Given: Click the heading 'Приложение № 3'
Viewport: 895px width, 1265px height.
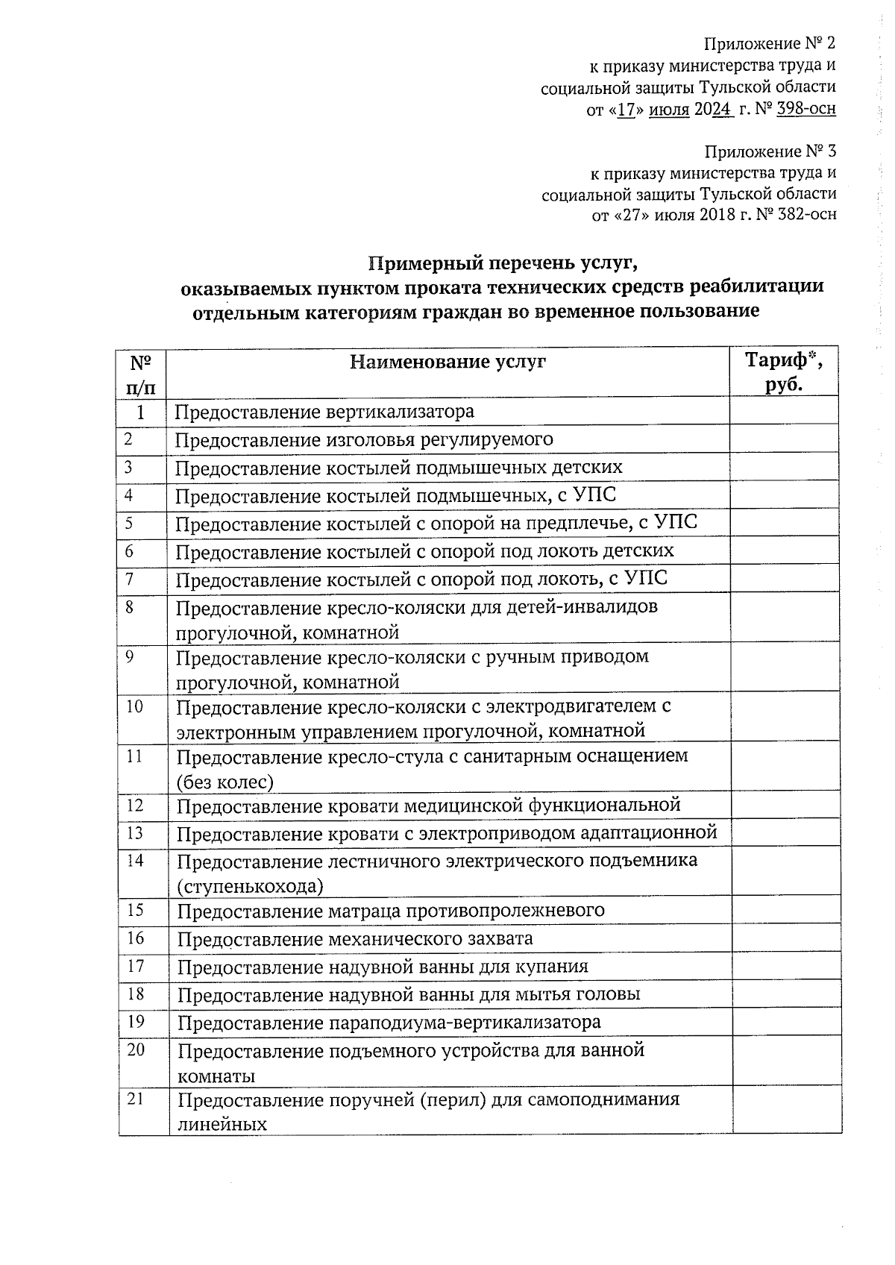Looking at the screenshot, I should [x=770, y=152].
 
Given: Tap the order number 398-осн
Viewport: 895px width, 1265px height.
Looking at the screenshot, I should [x=805, y=110].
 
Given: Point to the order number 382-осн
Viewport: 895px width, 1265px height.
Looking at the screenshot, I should [x=805, y=216].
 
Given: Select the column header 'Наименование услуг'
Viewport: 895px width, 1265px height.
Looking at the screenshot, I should [x=447, y=362].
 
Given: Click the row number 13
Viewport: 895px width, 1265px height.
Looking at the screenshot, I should [x=135, y=832].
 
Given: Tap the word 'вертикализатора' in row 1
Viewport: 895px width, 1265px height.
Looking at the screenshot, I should [x=400, y=412].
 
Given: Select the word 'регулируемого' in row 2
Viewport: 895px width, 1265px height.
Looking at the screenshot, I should [x=487, y=439].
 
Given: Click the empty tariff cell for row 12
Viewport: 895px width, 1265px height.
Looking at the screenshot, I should [x=785, y=806].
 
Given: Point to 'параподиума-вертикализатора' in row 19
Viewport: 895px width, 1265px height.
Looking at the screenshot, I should [x=464, y=1022].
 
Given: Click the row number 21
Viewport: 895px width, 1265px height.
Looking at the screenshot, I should [x=136, y=1099].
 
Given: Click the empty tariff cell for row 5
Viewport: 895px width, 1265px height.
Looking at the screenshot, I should [x=785, y=523].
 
